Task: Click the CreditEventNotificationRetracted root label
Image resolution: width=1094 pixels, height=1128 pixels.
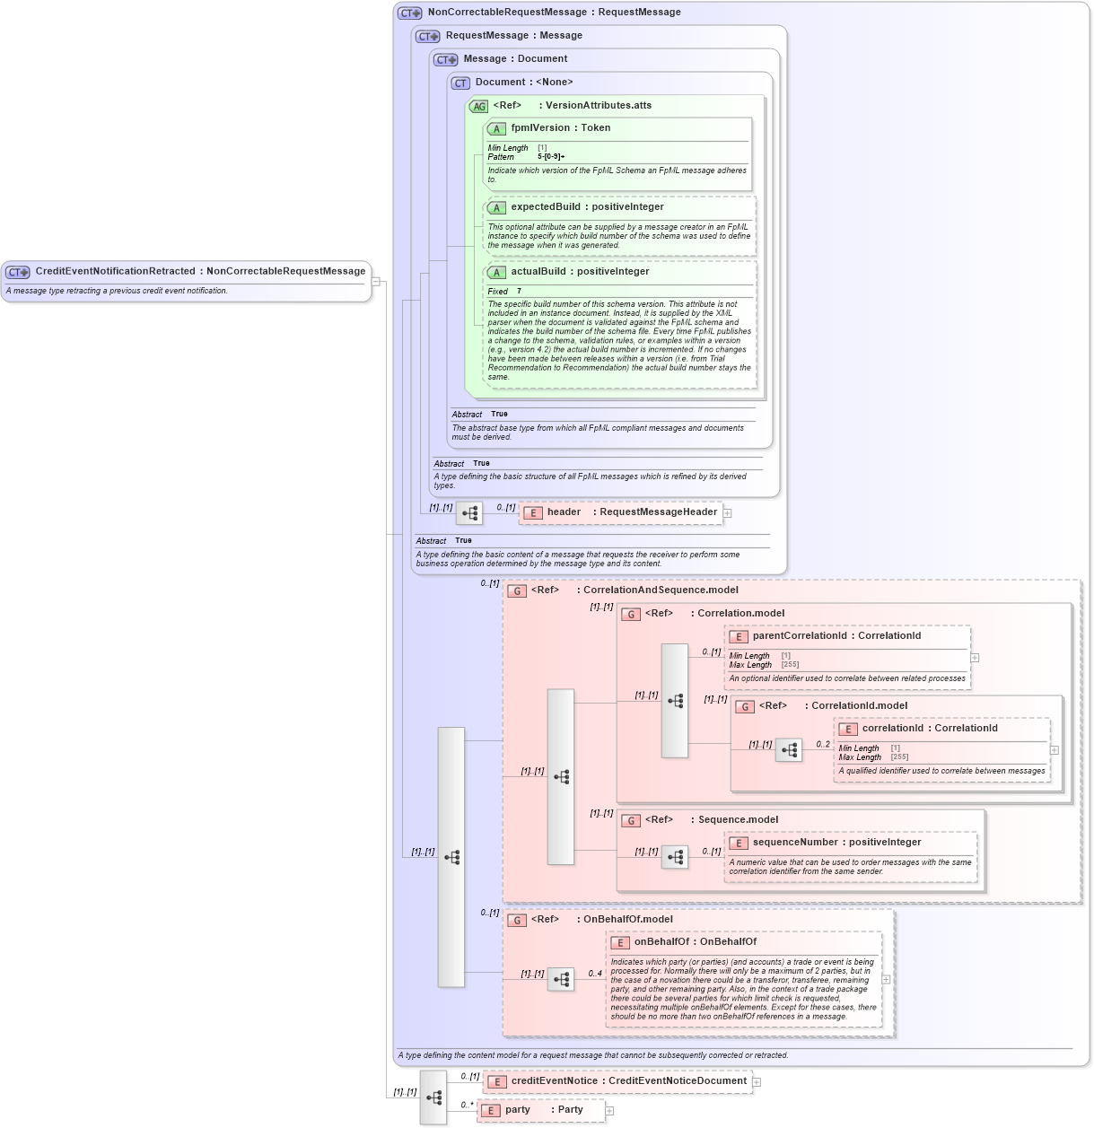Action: [x=115, y=271]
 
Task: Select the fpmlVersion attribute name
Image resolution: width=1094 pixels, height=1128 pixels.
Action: [x=540, y=128]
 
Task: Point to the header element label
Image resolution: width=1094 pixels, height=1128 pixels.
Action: [x=564, y=512]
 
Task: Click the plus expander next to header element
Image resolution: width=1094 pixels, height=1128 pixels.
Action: [x=728, y=513]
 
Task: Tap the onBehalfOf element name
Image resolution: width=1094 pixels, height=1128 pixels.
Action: [x=661, y=942]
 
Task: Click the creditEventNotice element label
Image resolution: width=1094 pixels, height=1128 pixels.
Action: [x=554, y=1081]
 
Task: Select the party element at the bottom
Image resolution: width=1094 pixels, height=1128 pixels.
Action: [x=518, y=1110]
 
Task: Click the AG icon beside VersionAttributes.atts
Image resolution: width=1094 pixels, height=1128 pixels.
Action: [x=478, y=106]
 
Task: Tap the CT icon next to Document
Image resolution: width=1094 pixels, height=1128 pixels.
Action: [x=460, y=83]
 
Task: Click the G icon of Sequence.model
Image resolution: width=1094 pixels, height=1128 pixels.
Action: [x=631, y=820]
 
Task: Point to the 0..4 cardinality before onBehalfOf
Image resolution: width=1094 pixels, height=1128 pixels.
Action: [x=595, y=974]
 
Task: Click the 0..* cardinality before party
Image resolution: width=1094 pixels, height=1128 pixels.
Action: [x=467, y=1106]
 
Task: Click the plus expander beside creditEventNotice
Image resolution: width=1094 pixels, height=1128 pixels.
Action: [x=757, y=1082]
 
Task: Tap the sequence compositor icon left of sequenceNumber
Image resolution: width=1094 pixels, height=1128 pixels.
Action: [x=675, y=858]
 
